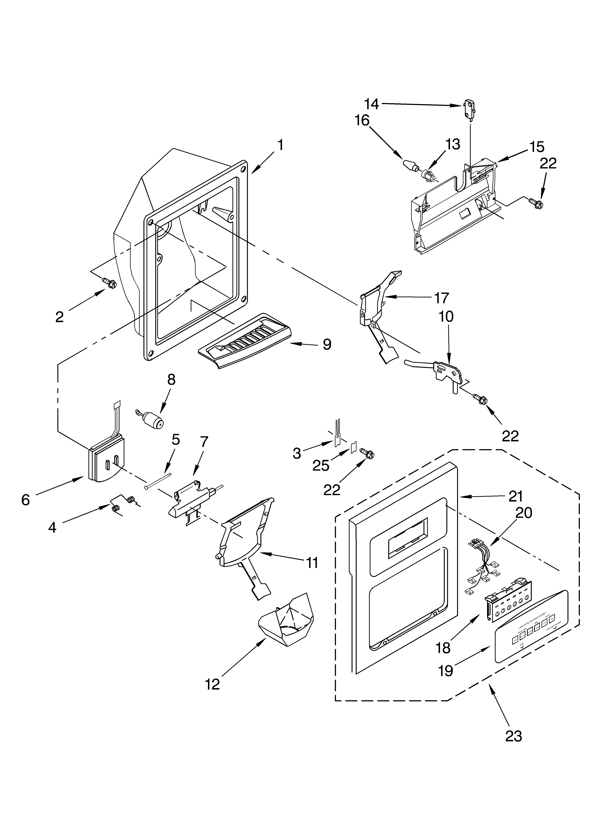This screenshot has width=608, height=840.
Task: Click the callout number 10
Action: (x=446, y=316)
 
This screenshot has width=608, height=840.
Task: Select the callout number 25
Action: (x=321, y=466)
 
